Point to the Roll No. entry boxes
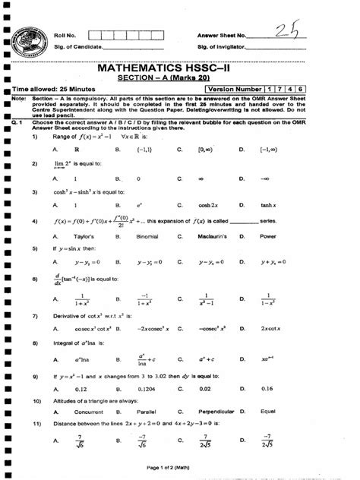(x=123, y=35)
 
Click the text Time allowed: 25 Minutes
(x=58, y=90)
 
